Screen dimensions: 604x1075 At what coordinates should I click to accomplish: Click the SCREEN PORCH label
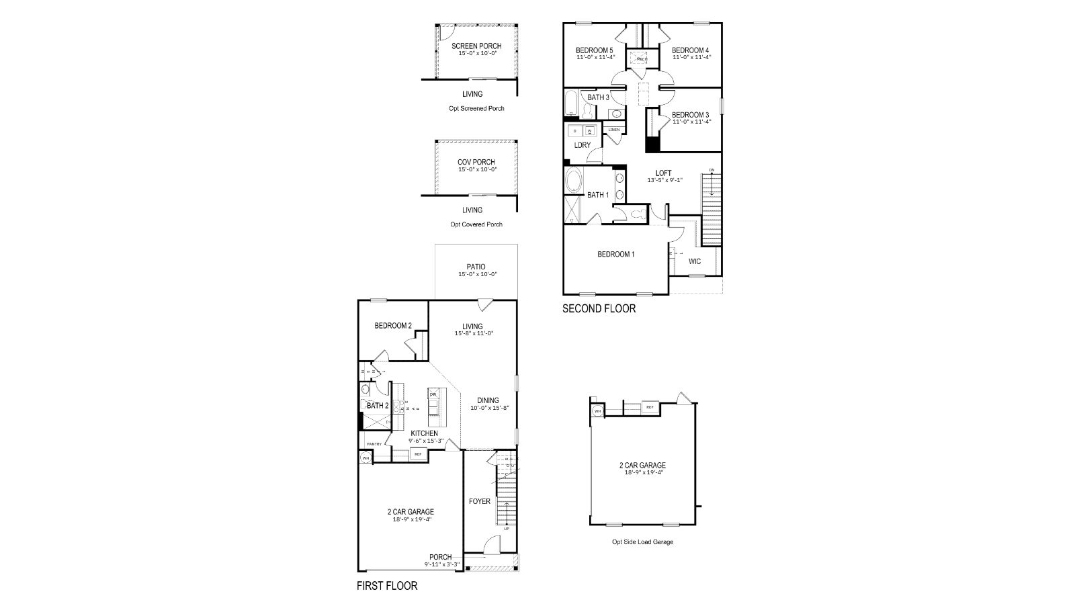[476, 46]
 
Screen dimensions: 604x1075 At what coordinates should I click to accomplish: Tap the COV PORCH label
[476, 162]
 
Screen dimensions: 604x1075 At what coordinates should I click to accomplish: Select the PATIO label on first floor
[476, 267]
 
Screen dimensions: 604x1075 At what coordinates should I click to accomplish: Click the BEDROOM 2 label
[393, 326]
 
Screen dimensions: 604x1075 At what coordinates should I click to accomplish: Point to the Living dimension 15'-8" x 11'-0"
[474, 333]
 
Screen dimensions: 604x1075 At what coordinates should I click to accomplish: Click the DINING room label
[488, 400]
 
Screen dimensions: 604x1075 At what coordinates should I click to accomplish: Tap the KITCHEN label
[425, 433]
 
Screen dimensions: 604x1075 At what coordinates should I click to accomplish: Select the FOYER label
[480, 501]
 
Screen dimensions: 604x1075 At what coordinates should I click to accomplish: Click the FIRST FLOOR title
[387, 586]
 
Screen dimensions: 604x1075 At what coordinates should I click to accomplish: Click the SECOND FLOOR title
[599, 309]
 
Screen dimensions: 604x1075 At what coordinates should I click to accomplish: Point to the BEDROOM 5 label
[595, 50]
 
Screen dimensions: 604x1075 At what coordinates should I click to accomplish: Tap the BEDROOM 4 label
[691, 50]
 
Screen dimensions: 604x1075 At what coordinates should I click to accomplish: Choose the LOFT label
[663, 173]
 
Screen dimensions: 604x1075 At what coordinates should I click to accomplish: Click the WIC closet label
[695, 261]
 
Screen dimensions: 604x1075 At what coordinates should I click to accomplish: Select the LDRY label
[583, 145]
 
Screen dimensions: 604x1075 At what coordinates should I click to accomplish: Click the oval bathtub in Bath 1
[575, 181]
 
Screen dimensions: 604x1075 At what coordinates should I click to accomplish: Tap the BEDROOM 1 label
[616, 254]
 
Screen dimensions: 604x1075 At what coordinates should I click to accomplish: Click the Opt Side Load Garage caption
[642, 542]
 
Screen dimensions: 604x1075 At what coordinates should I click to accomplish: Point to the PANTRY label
[374, 444]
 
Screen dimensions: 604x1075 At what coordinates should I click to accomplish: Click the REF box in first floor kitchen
[417, 455]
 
